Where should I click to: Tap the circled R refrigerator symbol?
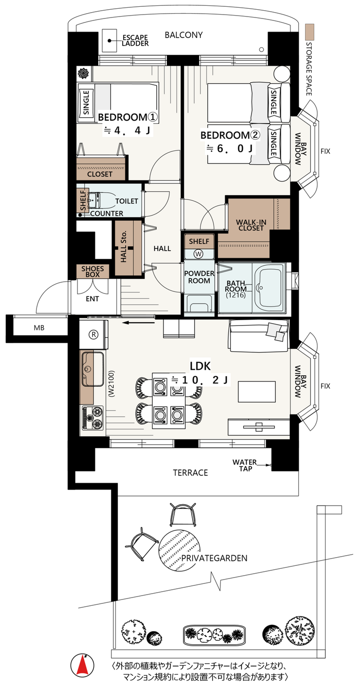93,334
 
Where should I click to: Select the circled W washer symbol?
198,254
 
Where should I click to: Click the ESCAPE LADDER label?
135,40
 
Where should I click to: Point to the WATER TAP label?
245,465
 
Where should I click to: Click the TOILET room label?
126,201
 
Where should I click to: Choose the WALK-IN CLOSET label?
251,225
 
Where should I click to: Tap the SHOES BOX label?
92,272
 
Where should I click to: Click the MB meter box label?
39,328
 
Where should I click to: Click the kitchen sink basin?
92,369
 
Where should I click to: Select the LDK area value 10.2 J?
200,380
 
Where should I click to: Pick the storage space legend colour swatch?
310,32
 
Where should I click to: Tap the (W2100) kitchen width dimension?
111,384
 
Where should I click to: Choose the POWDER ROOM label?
199,277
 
